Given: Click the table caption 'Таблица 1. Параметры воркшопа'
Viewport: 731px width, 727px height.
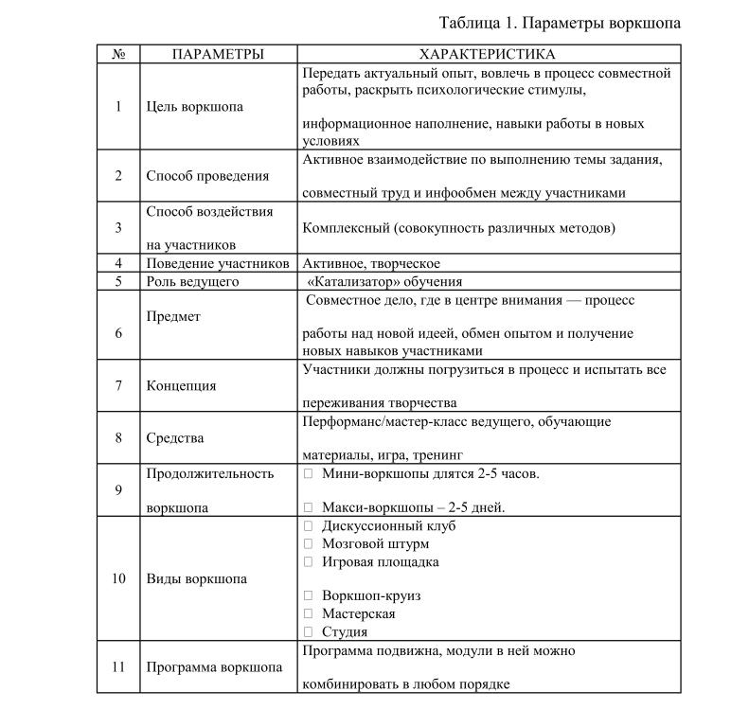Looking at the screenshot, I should pyautogui.click(x=561, y=23).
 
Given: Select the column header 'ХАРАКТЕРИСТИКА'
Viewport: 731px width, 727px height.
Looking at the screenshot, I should pyautogui.click(x=488, y=55).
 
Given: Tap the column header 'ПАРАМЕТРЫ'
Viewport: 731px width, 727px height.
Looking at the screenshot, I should pyautogui.click(x=218, y=55).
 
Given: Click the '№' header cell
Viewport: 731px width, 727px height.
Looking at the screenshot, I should pyautogui.click(x=118, y=55).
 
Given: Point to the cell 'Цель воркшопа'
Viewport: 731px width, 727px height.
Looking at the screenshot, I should pyautogui.click(x=194, y=106).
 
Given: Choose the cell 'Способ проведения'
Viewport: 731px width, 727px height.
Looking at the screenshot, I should pyautogui.click(x=207, y=175).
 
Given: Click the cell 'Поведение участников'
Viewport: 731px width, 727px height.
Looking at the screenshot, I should pyautogui.click(x=217, y=263).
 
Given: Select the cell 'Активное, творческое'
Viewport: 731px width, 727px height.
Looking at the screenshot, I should pyautogui.click(x=371, y=263).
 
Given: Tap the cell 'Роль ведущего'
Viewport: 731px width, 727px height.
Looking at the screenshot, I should pyautogui.click(x=192, y=281).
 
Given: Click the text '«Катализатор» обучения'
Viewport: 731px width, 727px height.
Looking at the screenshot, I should pyautogui.click(x=385, y=281).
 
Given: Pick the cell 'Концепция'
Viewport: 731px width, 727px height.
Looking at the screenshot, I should pyautogui.click(x=181, y=385).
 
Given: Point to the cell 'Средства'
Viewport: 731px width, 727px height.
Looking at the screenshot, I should pyautogui.click(x=175, y=437).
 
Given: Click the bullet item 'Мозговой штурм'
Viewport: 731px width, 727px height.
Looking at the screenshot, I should pyautogui.click(x=375, y=543).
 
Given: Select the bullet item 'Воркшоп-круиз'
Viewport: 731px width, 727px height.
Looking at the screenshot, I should pyautogui.click(x=371, y=596).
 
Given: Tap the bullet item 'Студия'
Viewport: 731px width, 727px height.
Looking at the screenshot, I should pyautogui.click(x=345, y=631).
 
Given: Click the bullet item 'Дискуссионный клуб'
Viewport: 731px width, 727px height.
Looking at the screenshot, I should pyautogui.click(x=388, y=525).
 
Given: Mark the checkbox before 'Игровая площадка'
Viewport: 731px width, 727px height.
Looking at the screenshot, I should pyautogui.click(x=308, y=561).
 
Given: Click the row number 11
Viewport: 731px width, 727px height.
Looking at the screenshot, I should pyautogui.click(x=118, y=666).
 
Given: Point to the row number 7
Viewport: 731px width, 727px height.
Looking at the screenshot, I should pyautogui.click(x=118, y=385).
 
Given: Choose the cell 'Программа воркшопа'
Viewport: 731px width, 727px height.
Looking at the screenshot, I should pyautogui.click(x=214, y=666).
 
